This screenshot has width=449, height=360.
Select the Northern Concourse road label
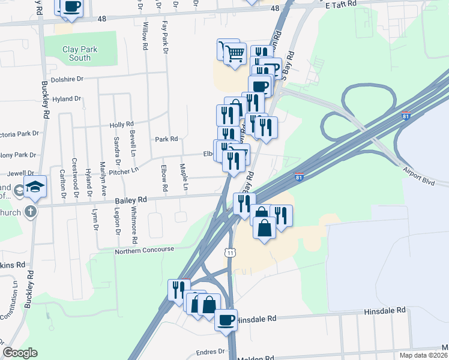pos(145,250)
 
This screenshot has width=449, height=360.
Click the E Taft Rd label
pos(341,4)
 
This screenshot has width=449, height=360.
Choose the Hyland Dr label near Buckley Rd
pos(67,99)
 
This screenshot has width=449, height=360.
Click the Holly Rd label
pos(121,125)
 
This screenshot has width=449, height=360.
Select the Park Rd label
pos(166,139)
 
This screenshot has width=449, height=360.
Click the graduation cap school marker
pos(35,186)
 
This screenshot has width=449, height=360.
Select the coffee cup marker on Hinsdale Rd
pos(226,320)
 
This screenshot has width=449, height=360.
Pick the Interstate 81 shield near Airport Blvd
pos(299,176)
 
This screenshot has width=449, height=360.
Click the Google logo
pos(20,352)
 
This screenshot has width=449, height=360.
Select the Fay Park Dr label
pos(164,34)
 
